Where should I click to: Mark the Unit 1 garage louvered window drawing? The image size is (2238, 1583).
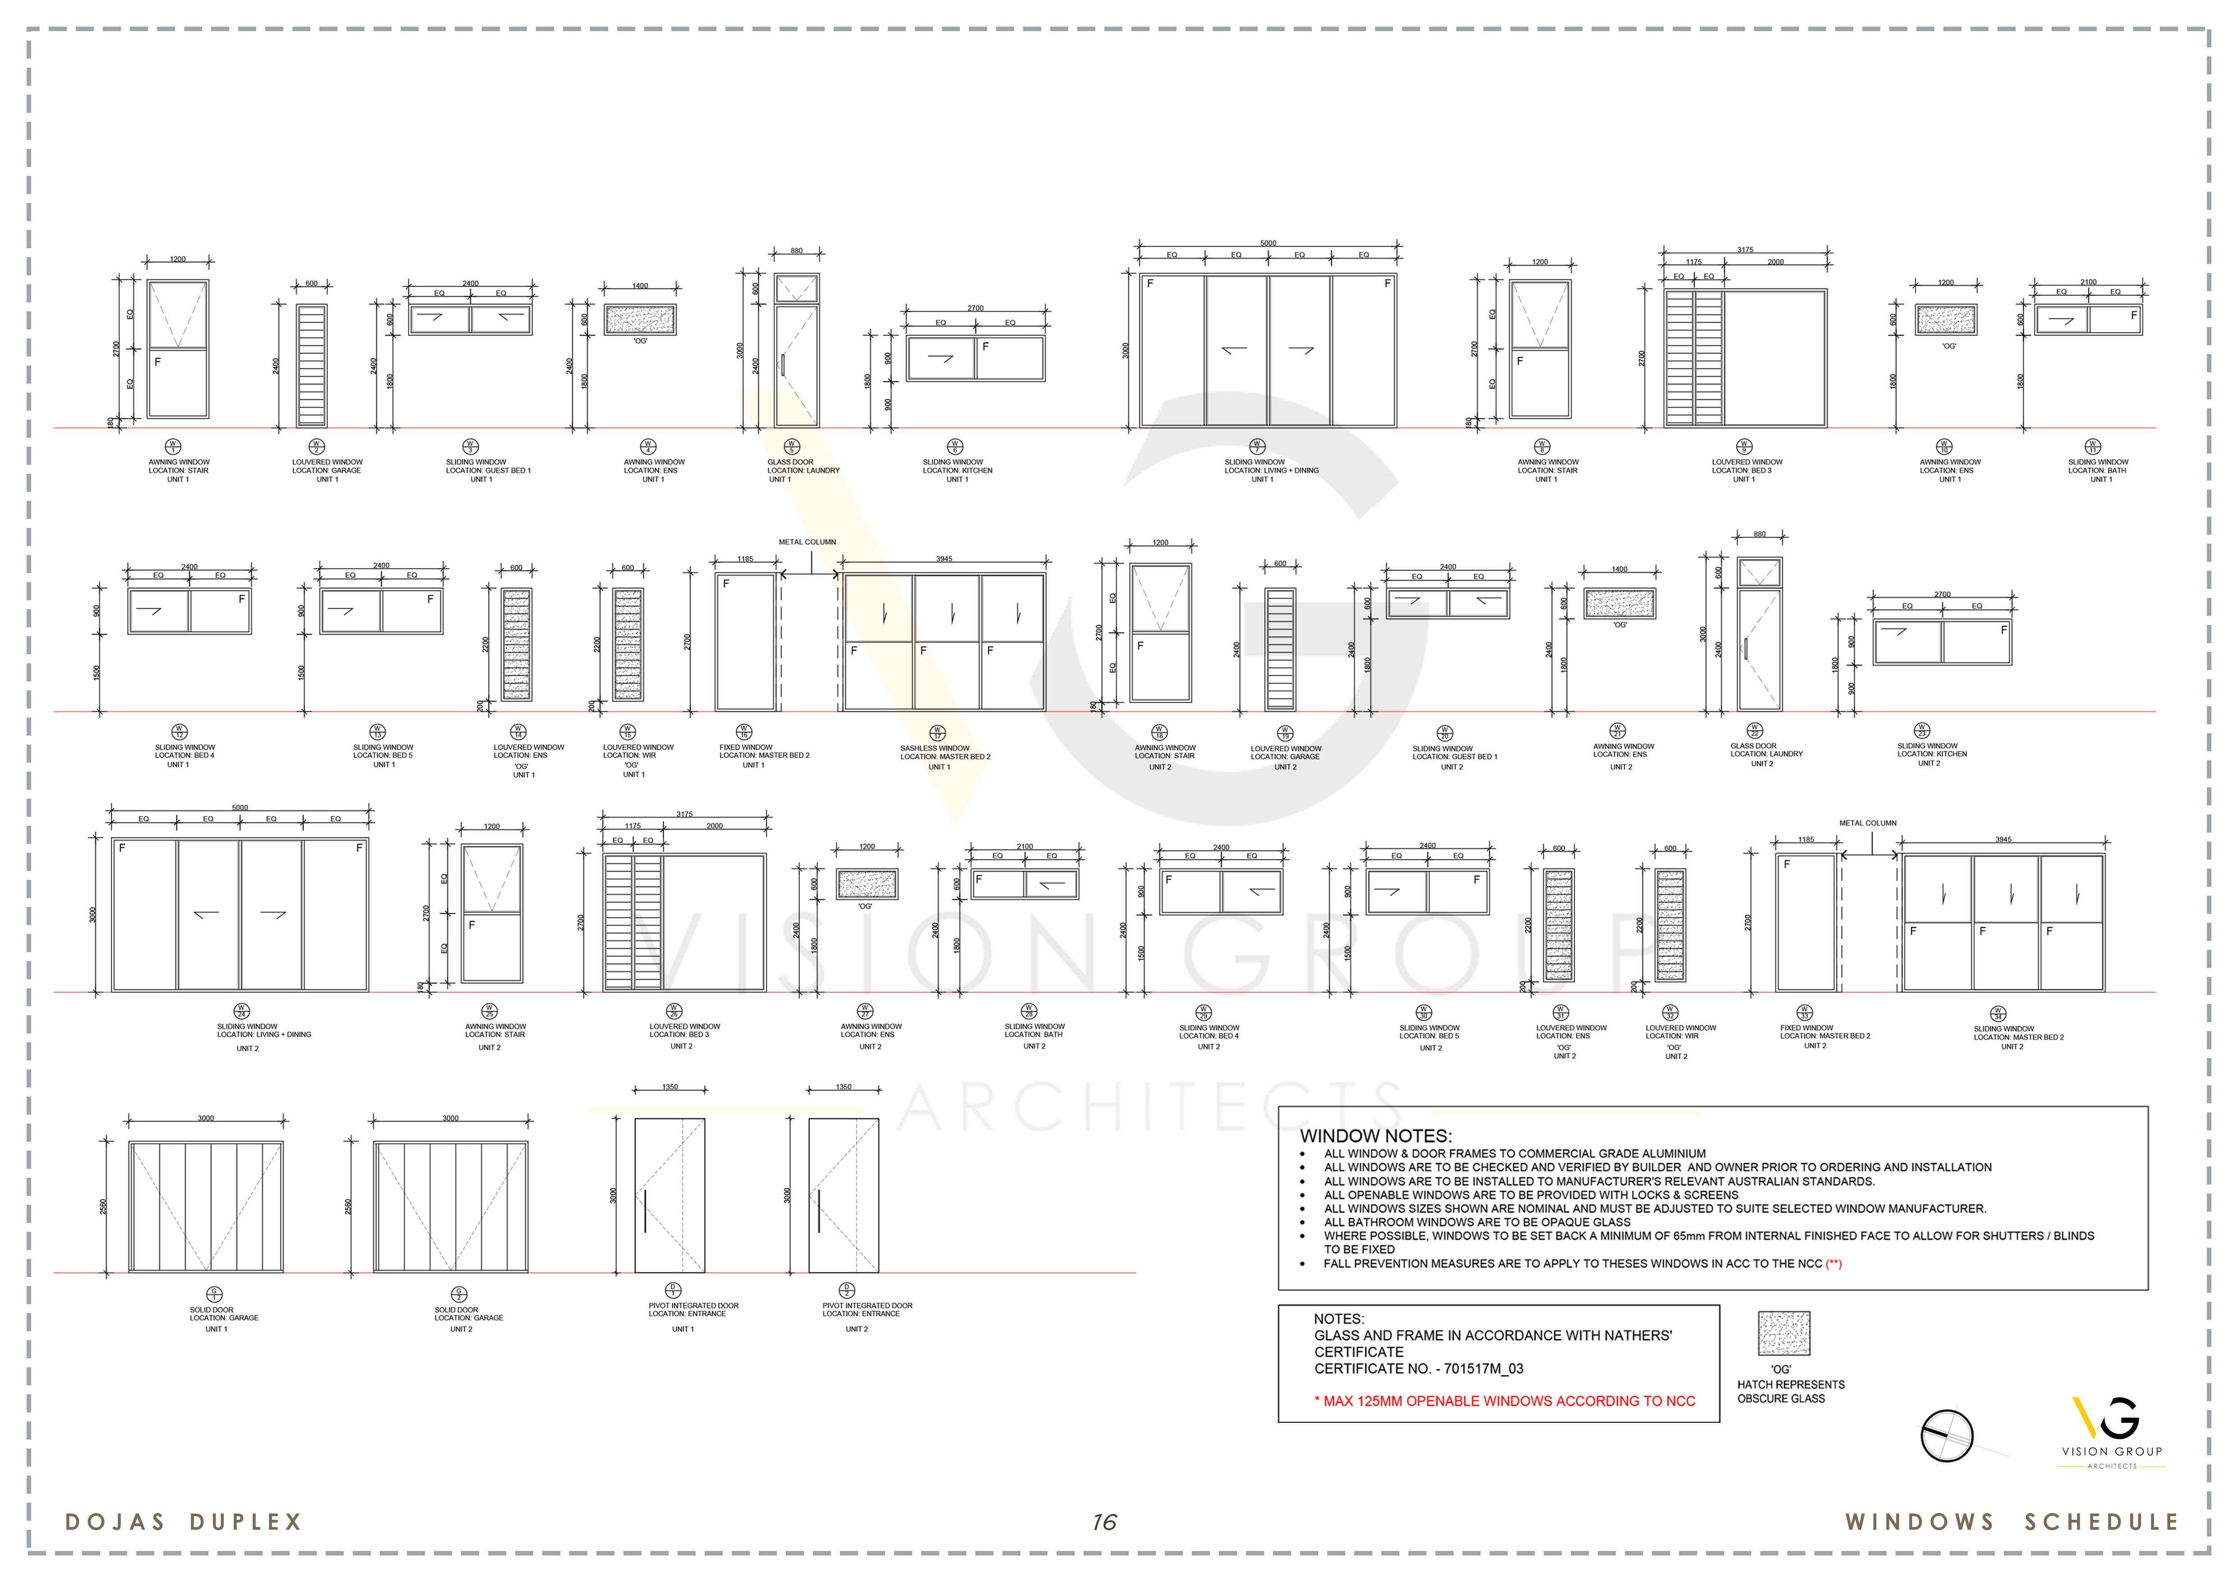pyautogui.click(x=312, y=366)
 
